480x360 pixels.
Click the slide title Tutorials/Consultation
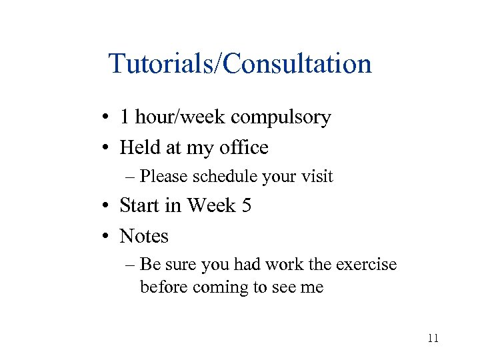(x=240, y=64)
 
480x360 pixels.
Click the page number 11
(x=433, y=339)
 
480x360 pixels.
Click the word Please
(x=163, y=177)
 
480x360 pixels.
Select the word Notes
(x=144, y=236)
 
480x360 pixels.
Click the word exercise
(x=365, y=265)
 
